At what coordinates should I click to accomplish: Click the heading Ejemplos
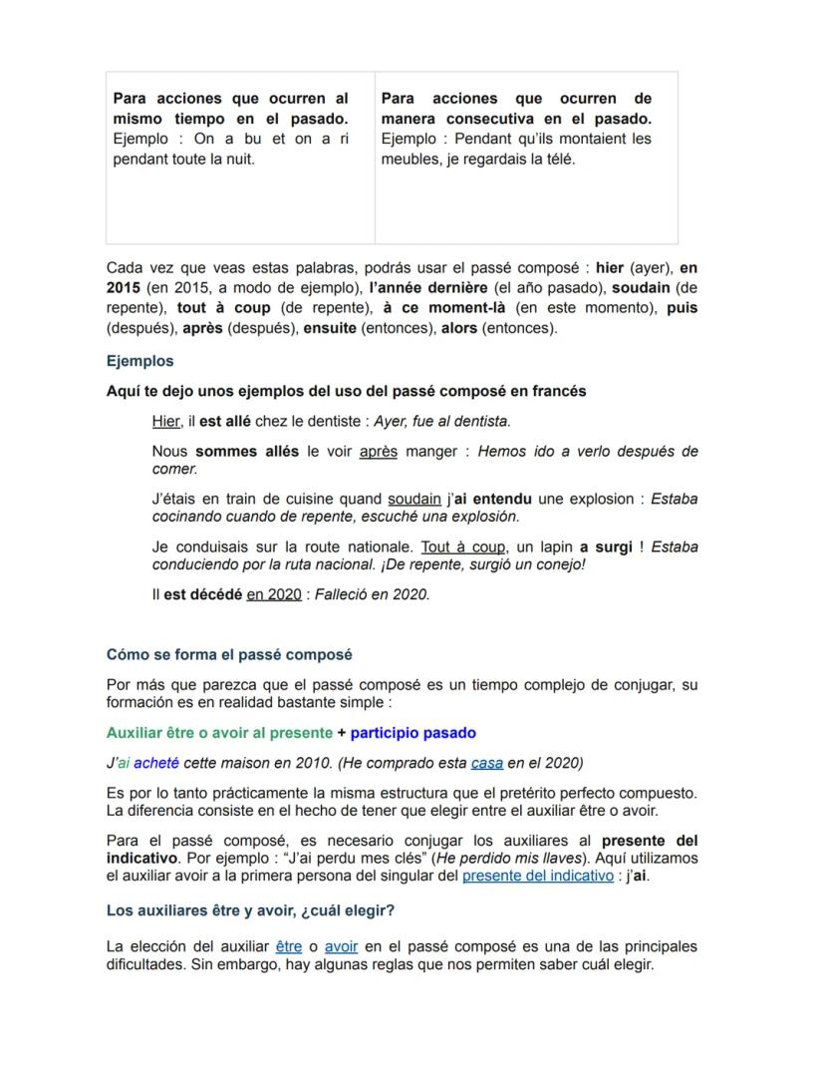coord(139,361)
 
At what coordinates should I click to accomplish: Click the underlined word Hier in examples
coord(165,421)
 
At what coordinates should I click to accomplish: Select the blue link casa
coord(486,763)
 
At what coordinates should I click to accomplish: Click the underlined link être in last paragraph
coord(288,946)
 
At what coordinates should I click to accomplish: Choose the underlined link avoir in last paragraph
coord(341,946)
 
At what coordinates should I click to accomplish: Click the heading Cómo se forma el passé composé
coord(229,655)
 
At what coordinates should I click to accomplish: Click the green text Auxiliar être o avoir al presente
coord(219,733)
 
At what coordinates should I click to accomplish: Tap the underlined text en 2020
coord(274,594)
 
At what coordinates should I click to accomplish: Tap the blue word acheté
coord(156,763)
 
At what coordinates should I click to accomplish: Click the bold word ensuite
coord(329,327)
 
